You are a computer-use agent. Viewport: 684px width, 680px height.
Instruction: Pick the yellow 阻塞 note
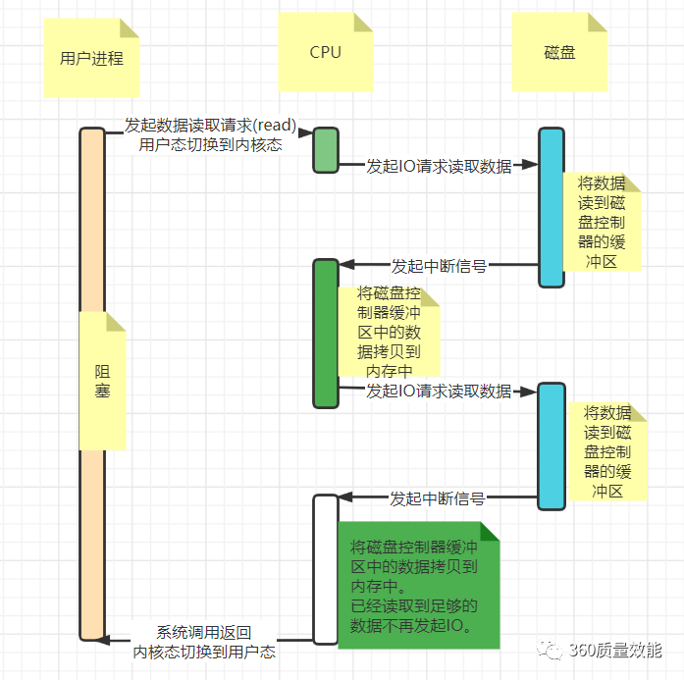pyautogui.click(x=103, y=381)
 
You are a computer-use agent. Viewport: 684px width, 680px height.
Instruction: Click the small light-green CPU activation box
pyautogui.click(x=326, y=150)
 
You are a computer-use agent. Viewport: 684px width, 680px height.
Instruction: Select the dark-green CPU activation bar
pyautogui.click(x=326, y=334)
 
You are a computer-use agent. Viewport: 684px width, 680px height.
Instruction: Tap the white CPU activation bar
pyautogui.click(x=326, y=569)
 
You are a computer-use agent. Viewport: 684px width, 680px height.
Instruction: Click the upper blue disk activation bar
pyautogui.click(x=552, y=207)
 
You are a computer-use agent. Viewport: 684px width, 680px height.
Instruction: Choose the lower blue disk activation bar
pyautogui.click(x=552, y=446)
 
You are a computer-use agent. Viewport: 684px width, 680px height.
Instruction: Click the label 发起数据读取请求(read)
pyautogui.click(x=210, y=127)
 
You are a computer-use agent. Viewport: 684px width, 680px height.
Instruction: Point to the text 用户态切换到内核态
pyautogui.click(x=210, y=145)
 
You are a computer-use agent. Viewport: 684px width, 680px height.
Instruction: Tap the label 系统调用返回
pyautogui.click(x=204, y=633)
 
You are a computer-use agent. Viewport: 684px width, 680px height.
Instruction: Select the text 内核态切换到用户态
pyautogui.click(x=204, y=652)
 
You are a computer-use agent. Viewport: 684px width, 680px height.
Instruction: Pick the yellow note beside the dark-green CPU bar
pyautogui.click(x=389, y=332)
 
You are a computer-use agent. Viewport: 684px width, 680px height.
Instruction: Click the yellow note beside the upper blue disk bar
pyautogui.click(x=602, y=222)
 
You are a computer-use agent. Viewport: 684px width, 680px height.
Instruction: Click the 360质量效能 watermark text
pyautogui.click(x=615, y=651)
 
